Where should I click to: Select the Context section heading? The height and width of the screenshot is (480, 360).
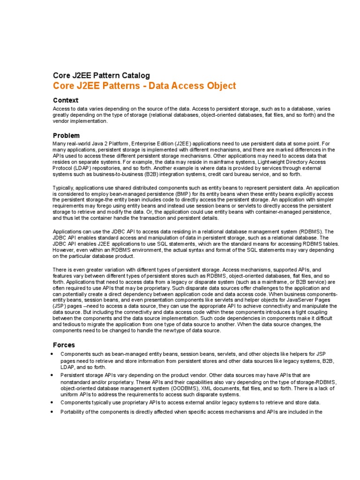(x=66, y=100)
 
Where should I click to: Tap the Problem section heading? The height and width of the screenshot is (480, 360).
(x=67, y=135)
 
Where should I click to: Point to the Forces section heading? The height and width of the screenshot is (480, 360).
(x=64, y=345)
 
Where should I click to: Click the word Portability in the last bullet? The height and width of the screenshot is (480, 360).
(x=74, y=412)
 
